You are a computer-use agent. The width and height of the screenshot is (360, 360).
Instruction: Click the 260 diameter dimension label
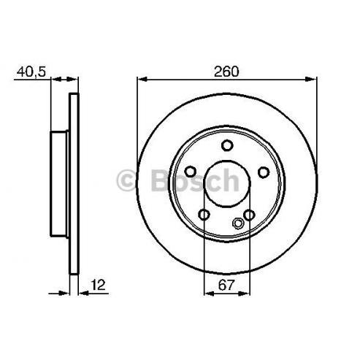[226, 72]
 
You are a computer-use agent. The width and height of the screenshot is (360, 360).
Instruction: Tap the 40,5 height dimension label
[31, 72]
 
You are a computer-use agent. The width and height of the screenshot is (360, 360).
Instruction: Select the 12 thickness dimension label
[98, 285]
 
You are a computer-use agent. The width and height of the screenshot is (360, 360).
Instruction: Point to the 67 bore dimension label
[226, 285]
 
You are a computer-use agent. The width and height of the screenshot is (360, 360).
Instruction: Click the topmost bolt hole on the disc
[227, 145]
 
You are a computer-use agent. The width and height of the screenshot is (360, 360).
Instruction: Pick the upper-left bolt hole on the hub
[191, 172]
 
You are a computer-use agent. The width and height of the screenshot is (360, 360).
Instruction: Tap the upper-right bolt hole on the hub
[264, 172]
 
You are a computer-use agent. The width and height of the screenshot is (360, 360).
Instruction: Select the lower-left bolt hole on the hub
[204, 215]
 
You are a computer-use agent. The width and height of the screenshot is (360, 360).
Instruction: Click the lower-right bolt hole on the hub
[249, 215]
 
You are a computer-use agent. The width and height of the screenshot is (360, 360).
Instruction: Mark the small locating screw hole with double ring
[237, 223]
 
